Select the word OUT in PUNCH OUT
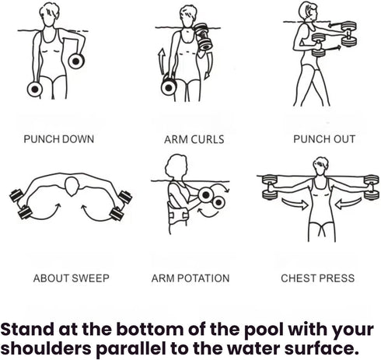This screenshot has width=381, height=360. (x=344, y=139)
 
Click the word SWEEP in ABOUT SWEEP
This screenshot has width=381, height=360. (x=90, y=278)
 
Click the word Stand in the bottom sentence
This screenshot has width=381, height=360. (x=26, y=329)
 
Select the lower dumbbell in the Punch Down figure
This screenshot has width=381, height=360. (x=35, y=89)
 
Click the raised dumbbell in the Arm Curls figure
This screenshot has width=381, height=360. (x=204, y=37)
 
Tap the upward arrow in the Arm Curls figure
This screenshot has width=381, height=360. (x=162, y=61)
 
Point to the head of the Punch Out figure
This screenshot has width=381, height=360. (x=308, y=12)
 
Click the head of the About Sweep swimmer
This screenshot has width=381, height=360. (x=72, y=186)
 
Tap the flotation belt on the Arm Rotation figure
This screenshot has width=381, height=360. (x=178, y=215)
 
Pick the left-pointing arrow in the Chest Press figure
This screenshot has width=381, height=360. (x=348, y=204)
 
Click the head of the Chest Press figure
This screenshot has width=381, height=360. (x=321, y=166)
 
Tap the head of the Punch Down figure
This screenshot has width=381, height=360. (x=49, y=14)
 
